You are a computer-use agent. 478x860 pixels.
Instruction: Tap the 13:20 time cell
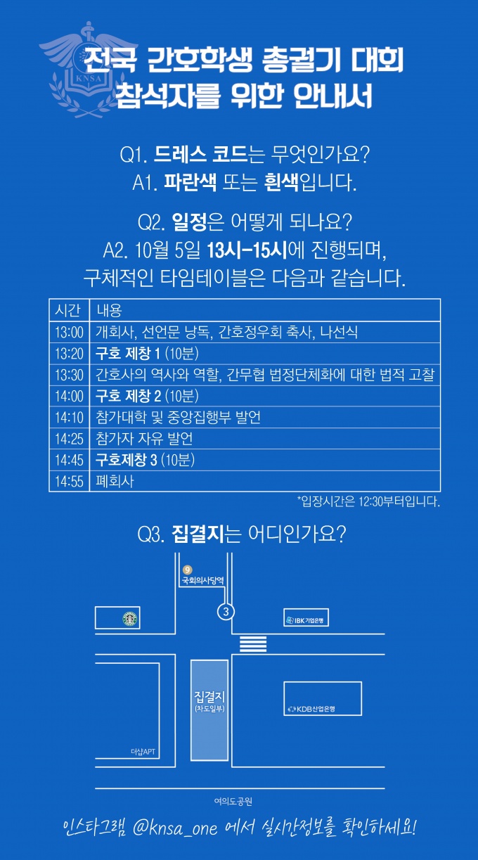[x=69, y=354]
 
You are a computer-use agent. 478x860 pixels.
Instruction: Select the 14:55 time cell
[x=69, y=481]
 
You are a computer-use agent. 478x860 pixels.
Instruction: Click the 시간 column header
[x=68, y=310]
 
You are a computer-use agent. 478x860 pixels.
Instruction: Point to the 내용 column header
[x=109, y=310]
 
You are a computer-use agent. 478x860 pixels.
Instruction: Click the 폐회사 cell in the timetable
[x=115, y=481]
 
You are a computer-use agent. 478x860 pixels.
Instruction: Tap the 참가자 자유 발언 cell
[x=144, y=439]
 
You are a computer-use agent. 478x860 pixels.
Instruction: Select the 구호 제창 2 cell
[x=147, y=396]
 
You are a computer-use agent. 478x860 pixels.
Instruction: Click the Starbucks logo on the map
[x=130, y=619]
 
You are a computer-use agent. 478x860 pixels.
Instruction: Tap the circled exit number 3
[x=226, y=612]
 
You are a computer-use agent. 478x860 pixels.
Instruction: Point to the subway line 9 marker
[x=188, y=570]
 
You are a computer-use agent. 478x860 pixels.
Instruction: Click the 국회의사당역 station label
[x=202, y=581]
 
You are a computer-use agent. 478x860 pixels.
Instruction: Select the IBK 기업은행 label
[x=306, y=620]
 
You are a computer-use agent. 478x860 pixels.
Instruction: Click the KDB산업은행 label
[x=312, y=709]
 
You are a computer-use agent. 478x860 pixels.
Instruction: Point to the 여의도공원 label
[x=233, y=802]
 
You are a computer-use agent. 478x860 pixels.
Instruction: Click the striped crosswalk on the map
[x=253, y=644]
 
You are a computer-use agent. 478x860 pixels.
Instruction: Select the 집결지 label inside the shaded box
[x=209, y=696]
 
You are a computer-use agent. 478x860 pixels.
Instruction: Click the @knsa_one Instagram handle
[x=175, y=828]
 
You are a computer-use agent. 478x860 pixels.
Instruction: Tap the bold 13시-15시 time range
[x=247, y=251]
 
